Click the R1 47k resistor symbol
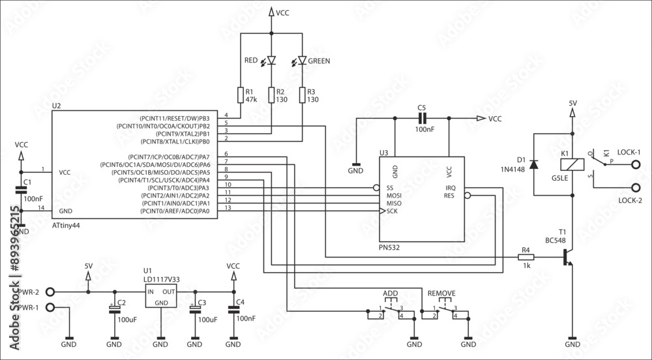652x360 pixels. (x=241, y=95)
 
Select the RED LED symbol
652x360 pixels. (x=272, y=61)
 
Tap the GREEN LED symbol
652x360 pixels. (x=303, y=61)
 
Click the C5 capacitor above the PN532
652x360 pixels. (x=421, y=119)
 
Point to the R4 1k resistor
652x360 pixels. (x=526, y=258)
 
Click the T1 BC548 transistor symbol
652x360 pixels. (x=568, y=258)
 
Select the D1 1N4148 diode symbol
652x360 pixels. (x=534, y=164)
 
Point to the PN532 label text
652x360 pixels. (x=389, y=248)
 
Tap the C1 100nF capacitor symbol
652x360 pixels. (x=22, y=190)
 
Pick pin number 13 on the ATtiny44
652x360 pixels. (x=227, y=208)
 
